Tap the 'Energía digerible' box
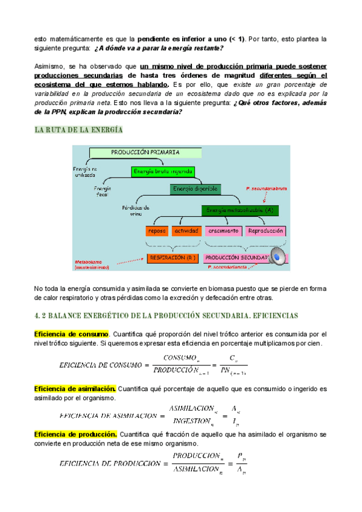coord(195,190)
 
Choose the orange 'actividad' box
coord(186,231)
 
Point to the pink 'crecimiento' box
coord(223,231)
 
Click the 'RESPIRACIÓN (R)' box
coord(173,258)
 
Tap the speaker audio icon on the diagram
coord(278,258)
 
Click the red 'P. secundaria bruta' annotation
coord(266,189)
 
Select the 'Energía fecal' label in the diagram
coord(101,193)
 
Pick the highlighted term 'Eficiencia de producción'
coord(75,434)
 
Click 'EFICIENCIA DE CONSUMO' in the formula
coord(100,365)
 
